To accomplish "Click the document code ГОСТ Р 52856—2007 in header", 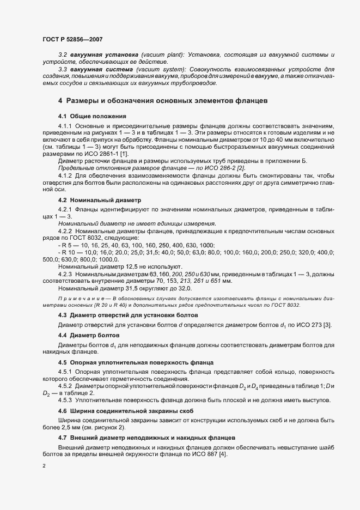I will (x=72, y=39).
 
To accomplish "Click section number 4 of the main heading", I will (x=60, y=101).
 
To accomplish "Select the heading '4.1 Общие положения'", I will (x=92, y=117).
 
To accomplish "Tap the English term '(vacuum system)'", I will (x=157, y=70).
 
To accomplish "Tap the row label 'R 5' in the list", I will (x=65, y=245).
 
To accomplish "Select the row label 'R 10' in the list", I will (x=67, y=252).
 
